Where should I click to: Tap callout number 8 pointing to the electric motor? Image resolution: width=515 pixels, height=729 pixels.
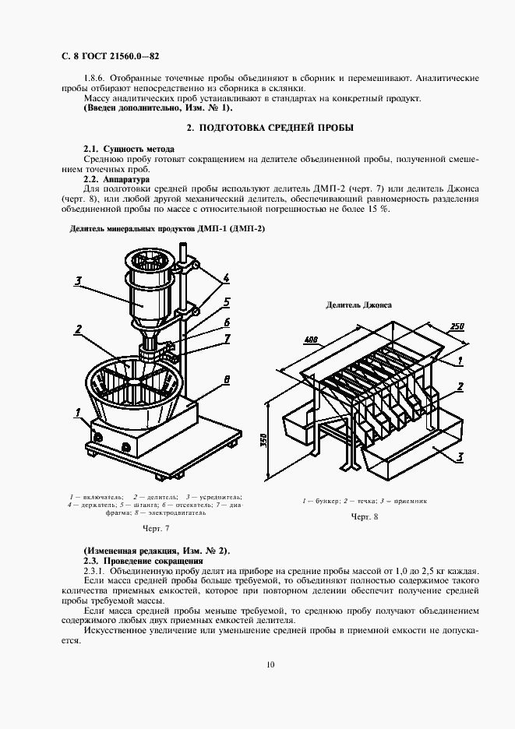(226, 379)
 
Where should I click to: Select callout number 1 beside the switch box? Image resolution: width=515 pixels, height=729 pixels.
(78, 411)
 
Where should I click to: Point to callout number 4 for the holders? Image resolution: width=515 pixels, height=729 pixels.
(225, 277)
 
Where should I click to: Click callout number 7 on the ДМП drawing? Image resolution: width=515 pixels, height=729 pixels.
(226, 338)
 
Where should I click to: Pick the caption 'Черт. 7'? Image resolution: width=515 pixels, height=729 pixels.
(155, 529)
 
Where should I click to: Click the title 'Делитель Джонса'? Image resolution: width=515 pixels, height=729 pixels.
(358, 305)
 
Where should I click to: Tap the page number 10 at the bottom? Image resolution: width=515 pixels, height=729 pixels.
(270, 664)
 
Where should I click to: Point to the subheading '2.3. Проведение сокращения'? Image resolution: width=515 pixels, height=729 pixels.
(143, 561)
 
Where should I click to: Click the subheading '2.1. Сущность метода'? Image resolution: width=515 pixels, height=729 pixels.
(129, 148)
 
